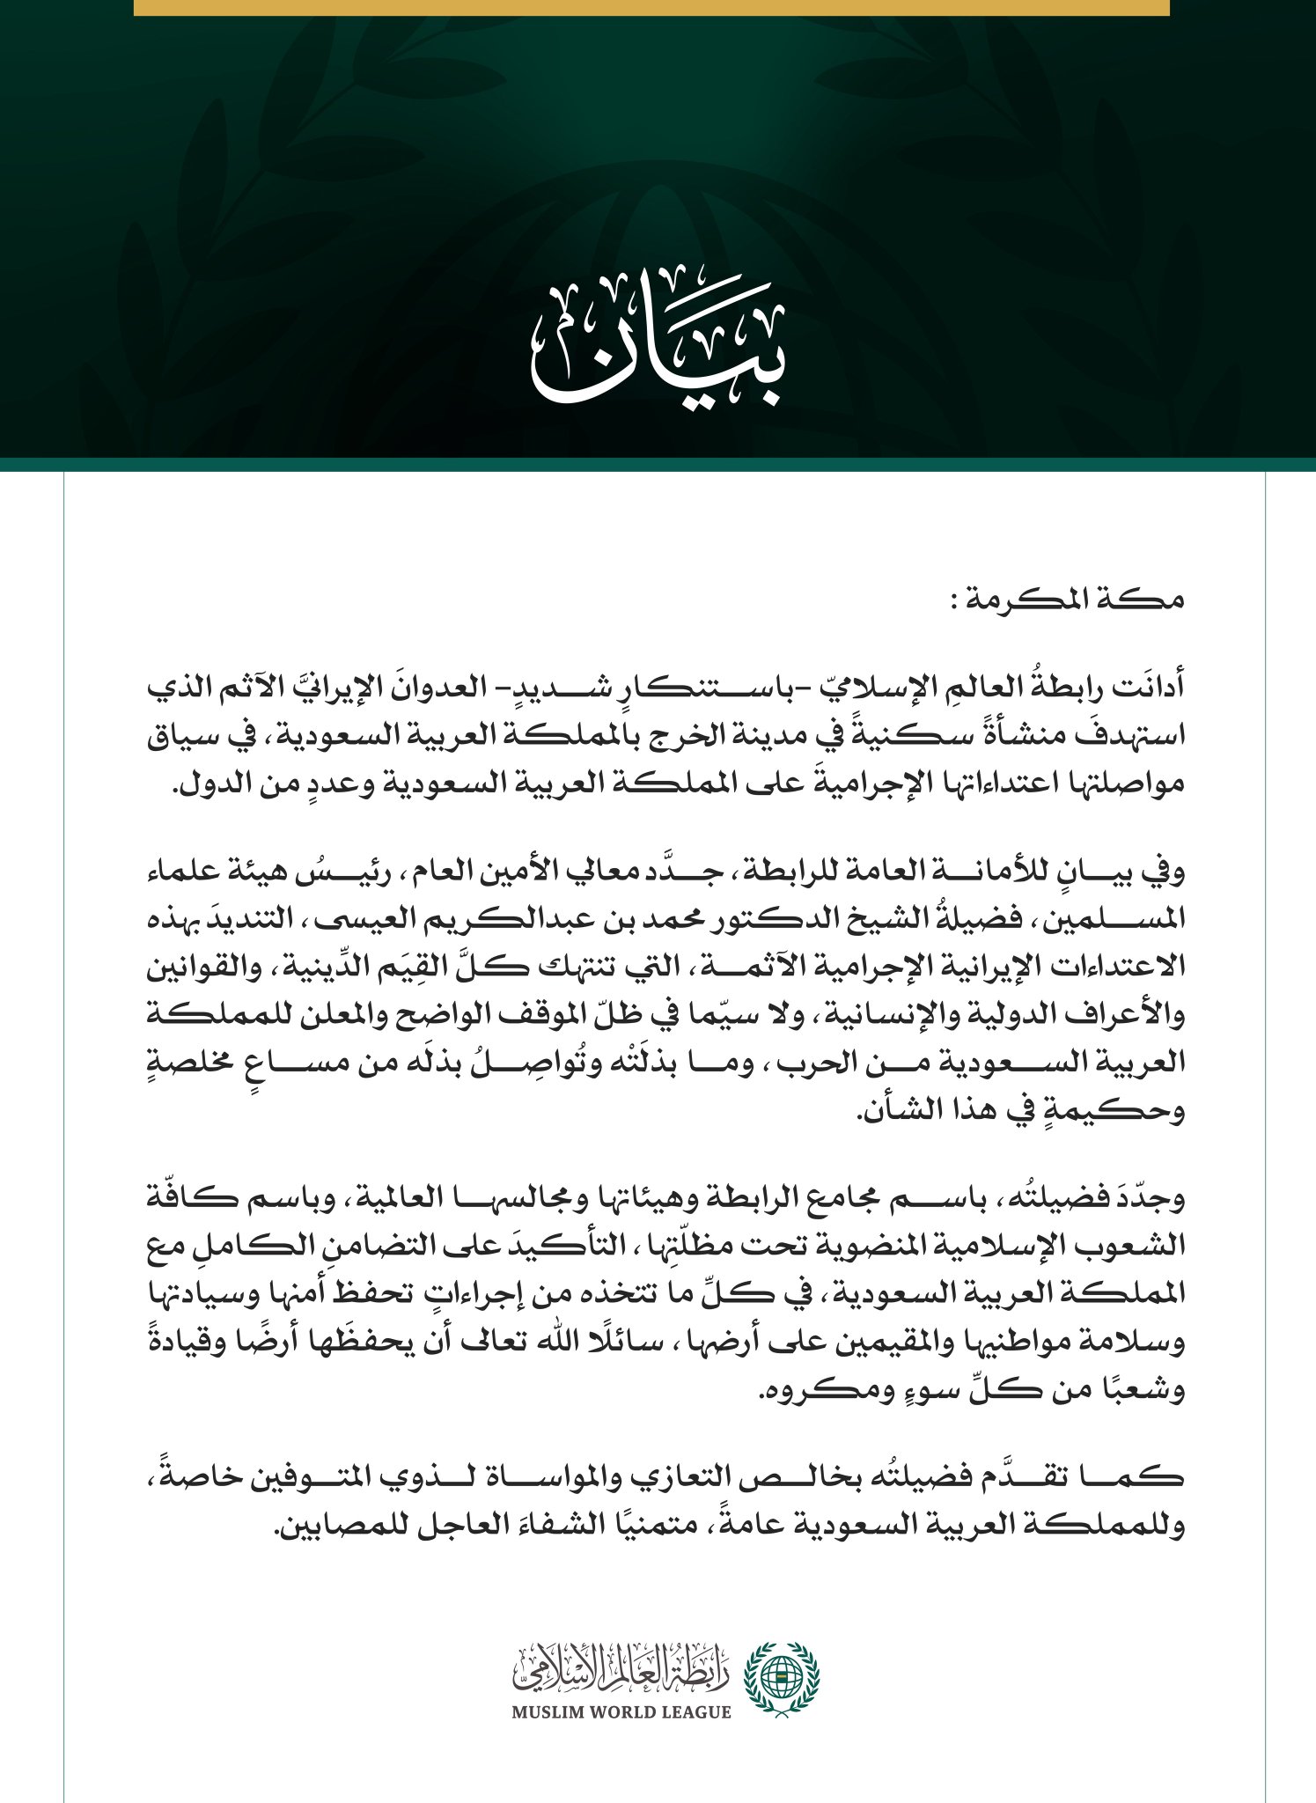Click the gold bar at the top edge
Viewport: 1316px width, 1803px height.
pos(651,7)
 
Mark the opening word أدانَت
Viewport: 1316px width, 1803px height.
pos(1146,688)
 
